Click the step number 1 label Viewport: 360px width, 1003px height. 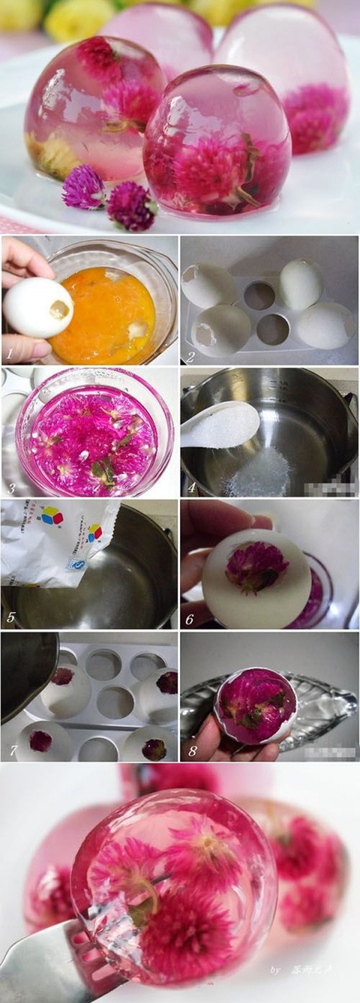pos(10,350)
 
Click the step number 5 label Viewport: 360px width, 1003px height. pos(10,617)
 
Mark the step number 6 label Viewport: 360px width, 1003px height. pos(190,620)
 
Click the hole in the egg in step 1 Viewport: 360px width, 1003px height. pos(58,309)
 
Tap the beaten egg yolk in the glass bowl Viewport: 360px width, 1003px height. pos(112,315)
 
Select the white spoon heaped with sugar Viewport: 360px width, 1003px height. pos(219,424)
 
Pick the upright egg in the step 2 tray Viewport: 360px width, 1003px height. pos(301,284)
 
